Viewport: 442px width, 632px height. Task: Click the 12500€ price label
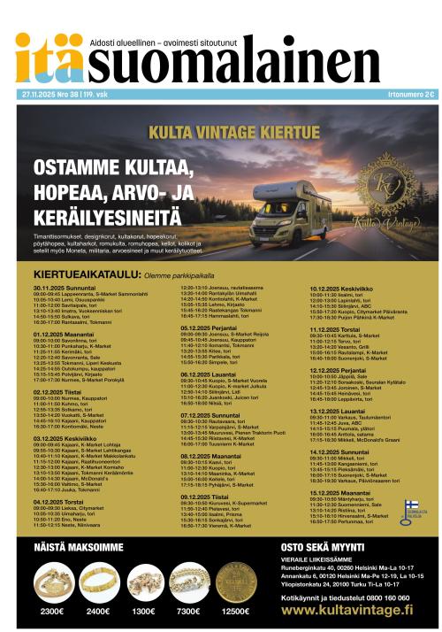click(236, 611)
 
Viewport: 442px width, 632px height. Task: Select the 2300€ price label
click(52, 611)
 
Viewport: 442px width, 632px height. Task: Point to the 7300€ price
click(187, 611)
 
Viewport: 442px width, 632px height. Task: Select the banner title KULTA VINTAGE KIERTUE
click(222, 130)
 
